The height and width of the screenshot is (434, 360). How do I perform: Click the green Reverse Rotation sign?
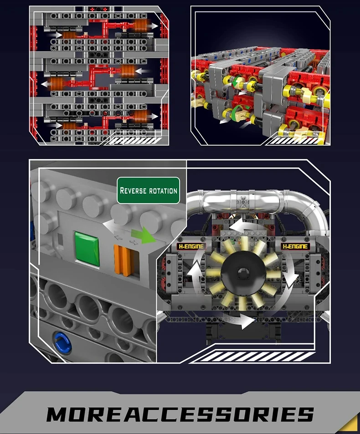(149, 190)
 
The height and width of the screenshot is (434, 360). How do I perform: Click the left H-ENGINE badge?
(191, 246)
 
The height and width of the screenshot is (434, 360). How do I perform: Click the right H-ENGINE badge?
(295, 246)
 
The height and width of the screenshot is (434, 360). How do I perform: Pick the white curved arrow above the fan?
(249, 225)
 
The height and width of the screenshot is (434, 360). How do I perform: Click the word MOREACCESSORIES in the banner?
(180, 414)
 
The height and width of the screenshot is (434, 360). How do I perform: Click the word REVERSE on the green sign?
(133, 190)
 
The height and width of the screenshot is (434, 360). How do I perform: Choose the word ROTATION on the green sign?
(163, 191)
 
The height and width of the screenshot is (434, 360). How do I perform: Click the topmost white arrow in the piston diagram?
(152, 26)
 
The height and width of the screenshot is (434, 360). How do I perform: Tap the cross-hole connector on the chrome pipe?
(243, 201)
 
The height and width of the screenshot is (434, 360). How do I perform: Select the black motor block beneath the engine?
(244, 332)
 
